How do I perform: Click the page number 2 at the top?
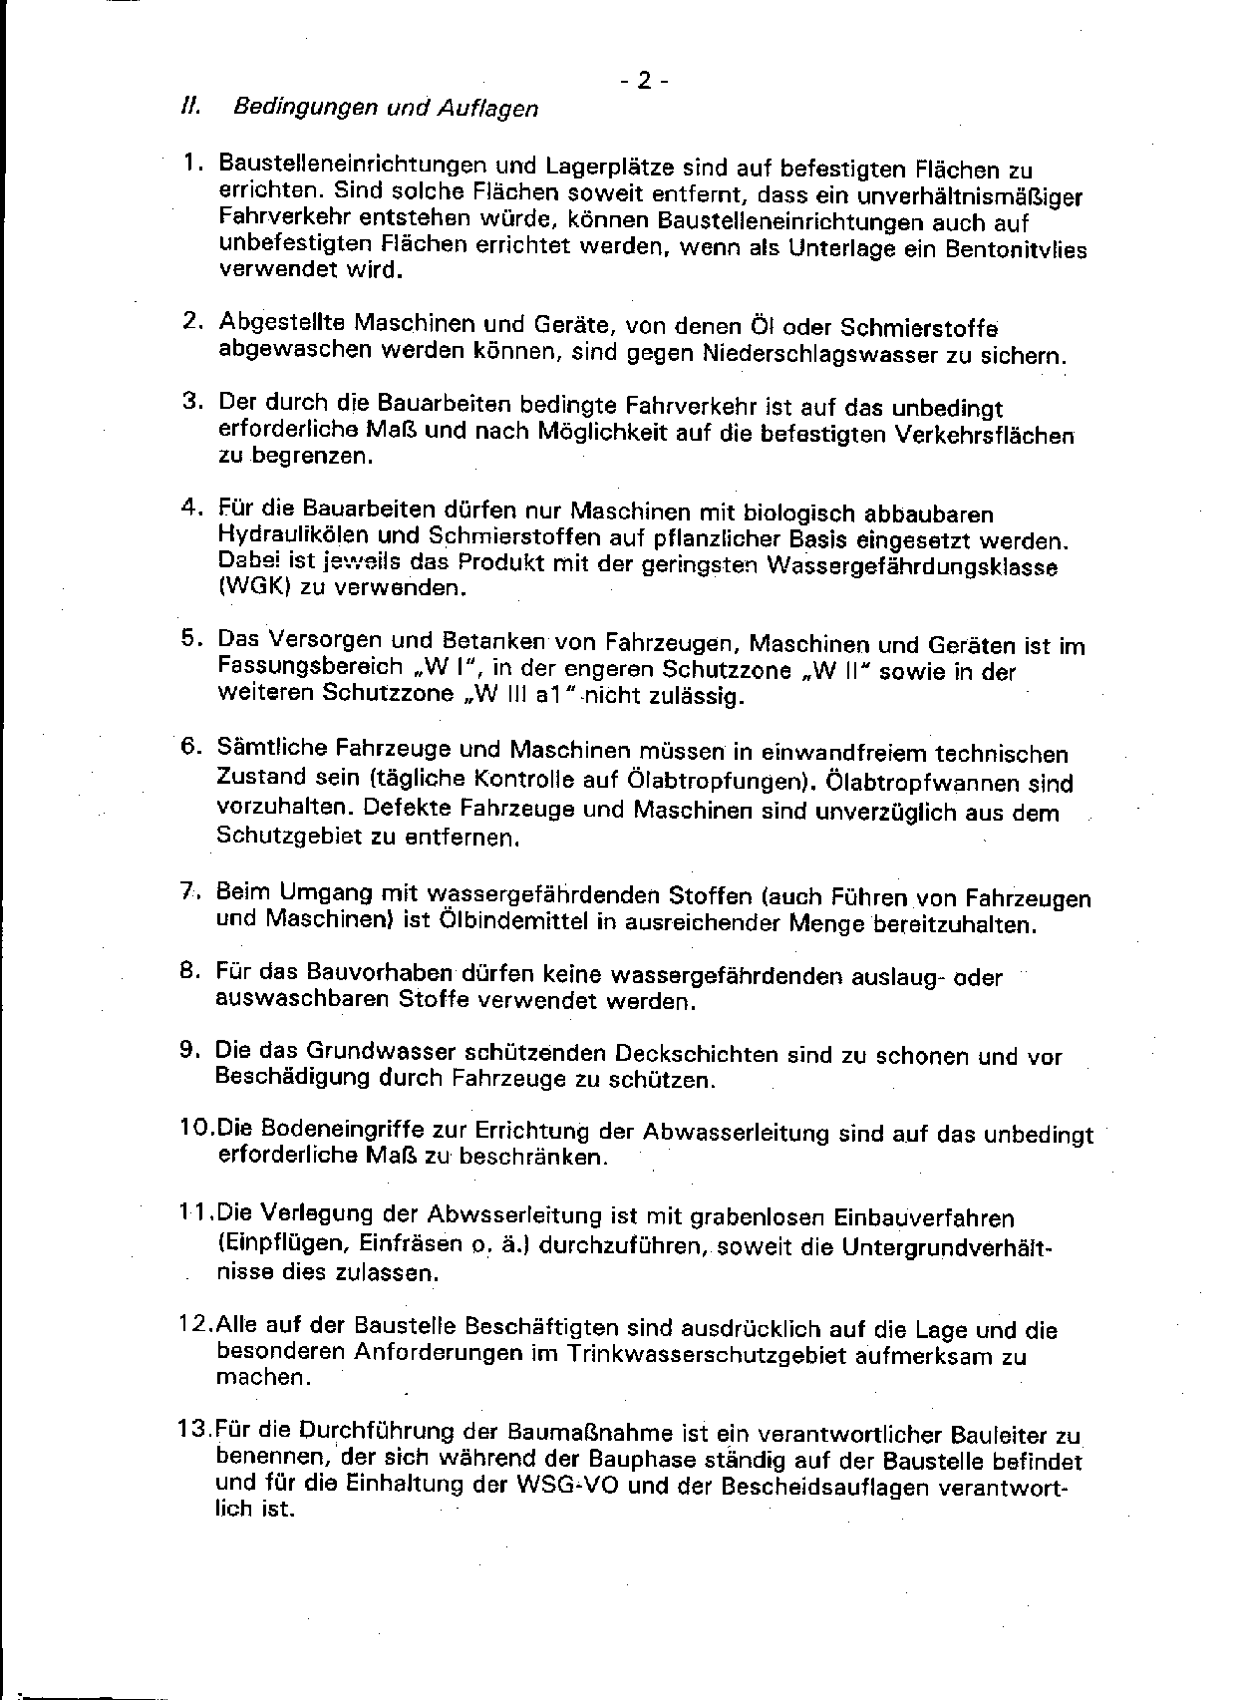643,81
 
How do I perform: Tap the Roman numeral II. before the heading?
186,106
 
